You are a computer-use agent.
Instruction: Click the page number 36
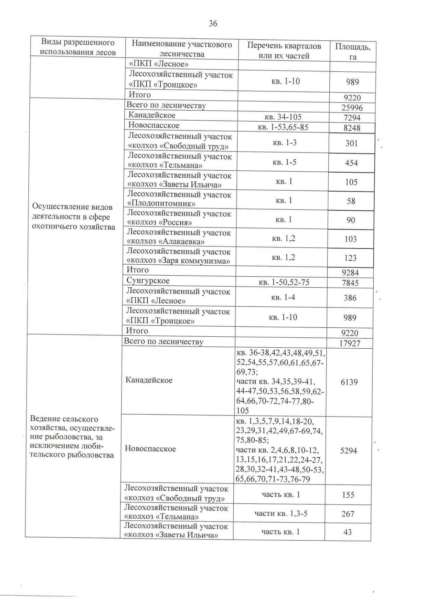coord(213,24)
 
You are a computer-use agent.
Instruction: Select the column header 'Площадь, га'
coord(353,52)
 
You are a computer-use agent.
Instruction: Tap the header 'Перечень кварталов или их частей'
coord(284,51)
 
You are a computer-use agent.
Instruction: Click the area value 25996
coord(352,108)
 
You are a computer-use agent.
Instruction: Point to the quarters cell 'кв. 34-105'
coord(283,117)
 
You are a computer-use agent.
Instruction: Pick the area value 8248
coord(352,128)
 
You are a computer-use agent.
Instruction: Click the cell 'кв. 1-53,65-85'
coord(283,127)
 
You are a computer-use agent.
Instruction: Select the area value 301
coord(352,143)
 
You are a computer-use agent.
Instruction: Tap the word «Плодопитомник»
coord(161,204)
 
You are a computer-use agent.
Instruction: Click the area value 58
coord(351,201)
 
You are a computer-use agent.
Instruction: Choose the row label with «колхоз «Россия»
coord(179,218)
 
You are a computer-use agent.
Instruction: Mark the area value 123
coord(350,258)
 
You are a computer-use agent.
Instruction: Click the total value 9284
coord(350,273)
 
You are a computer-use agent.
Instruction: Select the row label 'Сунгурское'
coord(148,281)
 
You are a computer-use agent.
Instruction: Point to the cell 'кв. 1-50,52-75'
coord(284,282)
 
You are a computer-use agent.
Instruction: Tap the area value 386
coord(350,298)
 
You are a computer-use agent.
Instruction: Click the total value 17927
coord(350,343)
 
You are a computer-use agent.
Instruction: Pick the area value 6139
coord(349,382)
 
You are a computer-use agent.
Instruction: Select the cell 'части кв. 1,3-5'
coord(281,513)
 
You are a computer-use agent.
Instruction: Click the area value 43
coord(347,532)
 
